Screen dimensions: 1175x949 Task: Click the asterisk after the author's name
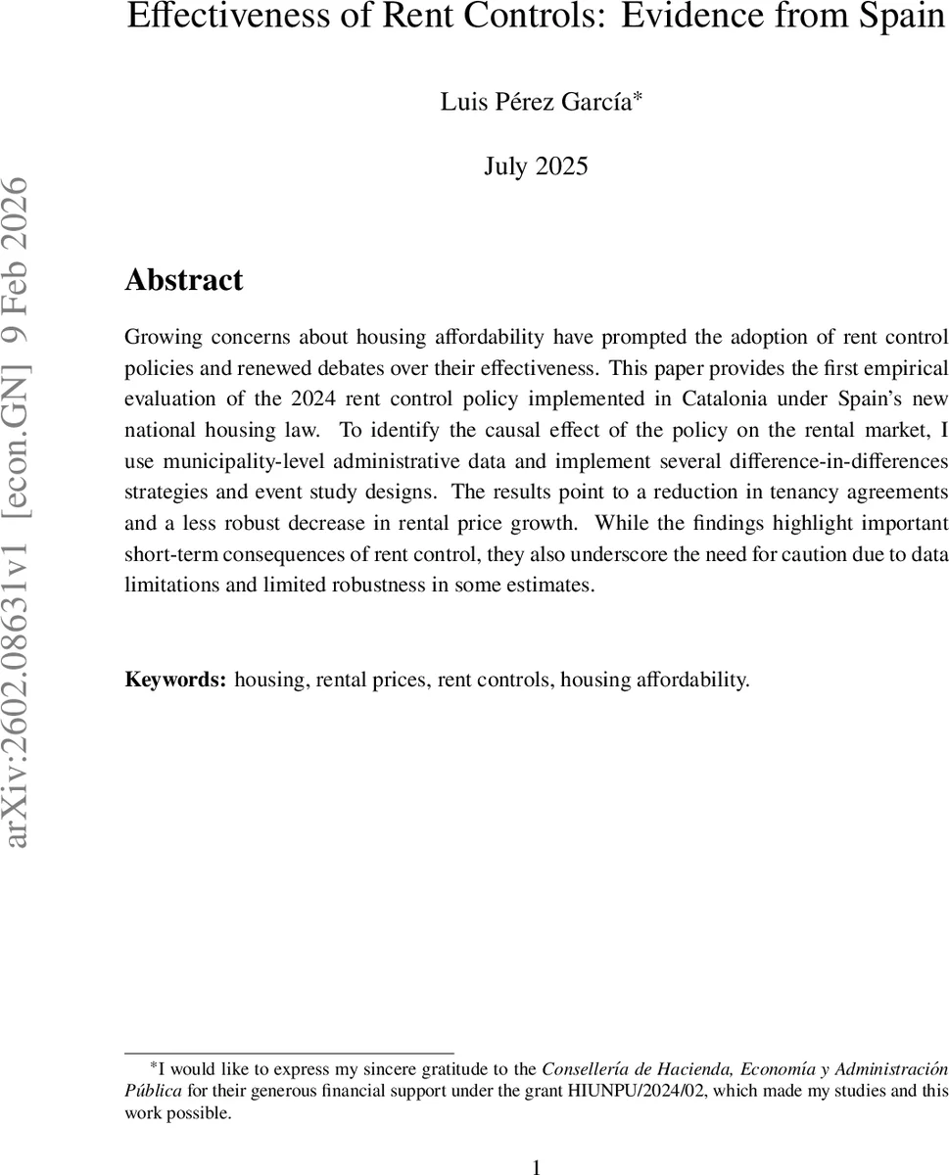pyautogui.click(x=637, y=96)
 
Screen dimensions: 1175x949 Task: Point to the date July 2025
pyautogui.click(x=536, y=166)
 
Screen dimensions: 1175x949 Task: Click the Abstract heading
pyautogui.click(x=184, y=281)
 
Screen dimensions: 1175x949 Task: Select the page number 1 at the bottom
pyautogui.click(x=536, y=1166)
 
